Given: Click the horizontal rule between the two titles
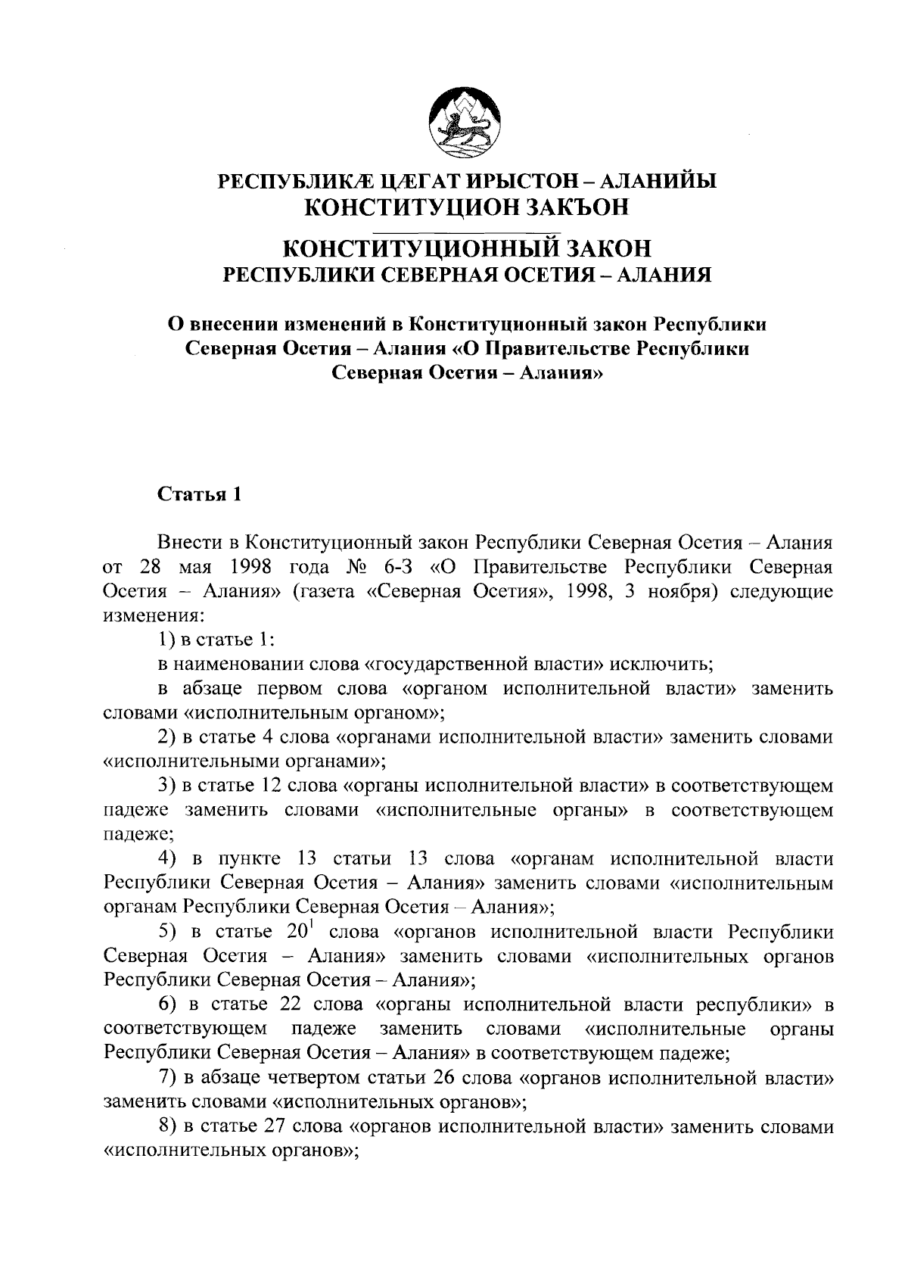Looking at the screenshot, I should pyautogui.click(x=467, y=226).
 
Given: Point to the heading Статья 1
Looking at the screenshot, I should pyautogui.click(x=199, y=494).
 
